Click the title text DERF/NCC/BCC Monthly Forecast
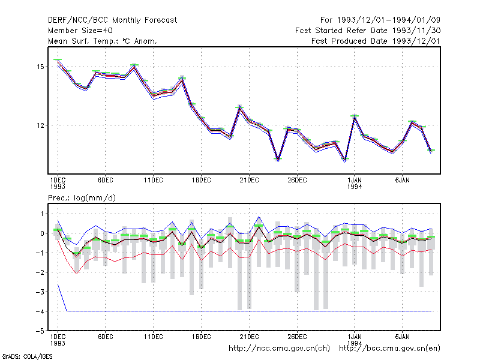112,20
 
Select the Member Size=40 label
80,31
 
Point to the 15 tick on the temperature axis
40,67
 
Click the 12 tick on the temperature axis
40,125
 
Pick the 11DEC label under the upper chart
154,181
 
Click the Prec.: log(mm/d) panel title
82,198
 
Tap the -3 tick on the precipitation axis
40,292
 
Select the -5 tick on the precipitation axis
40,331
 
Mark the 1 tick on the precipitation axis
42,214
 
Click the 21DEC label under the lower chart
249,337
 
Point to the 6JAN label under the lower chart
402,337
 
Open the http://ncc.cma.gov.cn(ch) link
279,349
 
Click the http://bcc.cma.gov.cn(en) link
389,349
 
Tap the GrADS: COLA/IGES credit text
27,356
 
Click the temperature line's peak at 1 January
355,116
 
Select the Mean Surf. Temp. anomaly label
103,41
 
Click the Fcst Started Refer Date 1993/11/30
368,31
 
